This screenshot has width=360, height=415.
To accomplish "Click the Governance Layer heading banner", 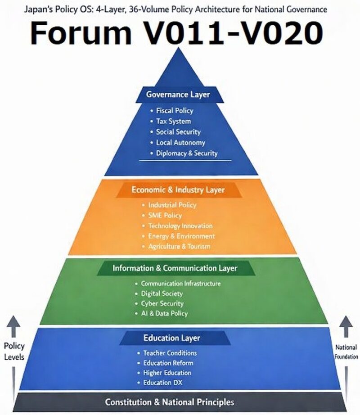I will point(178,95).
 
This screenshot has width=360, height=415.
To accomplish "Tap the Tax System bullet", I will point(173,121).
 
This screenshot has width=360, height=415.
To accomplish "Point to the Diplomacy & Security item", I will point(186,153).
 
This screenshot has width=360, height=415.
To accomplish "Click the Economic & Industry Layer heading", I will point(178,190).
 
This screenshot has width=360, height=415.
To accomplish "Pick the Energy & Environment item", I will point(181,236).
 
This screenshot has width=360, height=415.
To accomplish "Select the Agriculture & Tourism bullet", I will point(179,246).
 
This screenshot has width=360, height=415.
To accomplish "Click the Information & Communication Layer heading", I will point(175,268).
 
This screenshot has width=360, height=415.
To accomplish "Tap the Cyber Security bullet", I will point(162,303).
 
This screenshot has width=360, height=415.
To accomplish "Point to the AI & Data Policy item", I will point(164,313).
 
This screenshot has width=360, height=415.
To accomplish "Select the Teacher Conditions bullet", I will point(170,353).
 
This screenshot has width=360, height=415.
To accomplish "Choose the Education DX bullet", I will point(162,383).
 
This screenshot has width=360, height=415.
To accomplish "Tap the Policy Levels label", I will point(14,352).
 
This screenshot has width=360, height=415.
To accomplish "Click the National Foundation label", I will point(346,352).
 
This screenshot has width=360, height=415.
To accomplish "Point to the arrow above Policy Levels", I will point(14,326).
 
